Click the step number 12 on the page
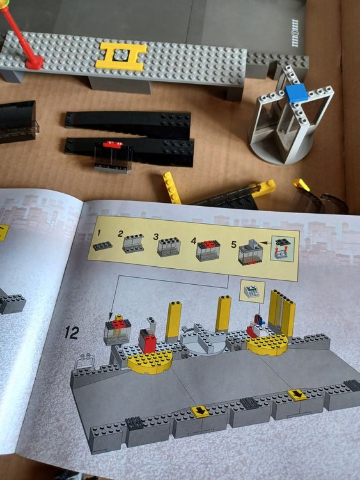point(71,332)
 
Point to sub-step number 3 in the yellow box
point(156,237)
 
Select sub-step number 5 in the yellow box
point(233,244)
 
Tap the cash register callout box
point(251,292)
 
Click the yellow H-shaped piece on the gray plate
point(121,56)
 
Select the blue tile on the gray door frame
point(296,94)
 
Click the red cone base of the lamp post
point(34,62)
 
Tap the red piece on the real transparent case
point(113,145)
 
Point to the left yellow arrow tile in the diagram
point(200,411)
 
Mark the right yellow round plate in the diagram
point(268,344)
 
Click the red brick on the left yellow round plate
point(148,343)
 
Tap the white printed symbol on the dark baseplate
point(295,27)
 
